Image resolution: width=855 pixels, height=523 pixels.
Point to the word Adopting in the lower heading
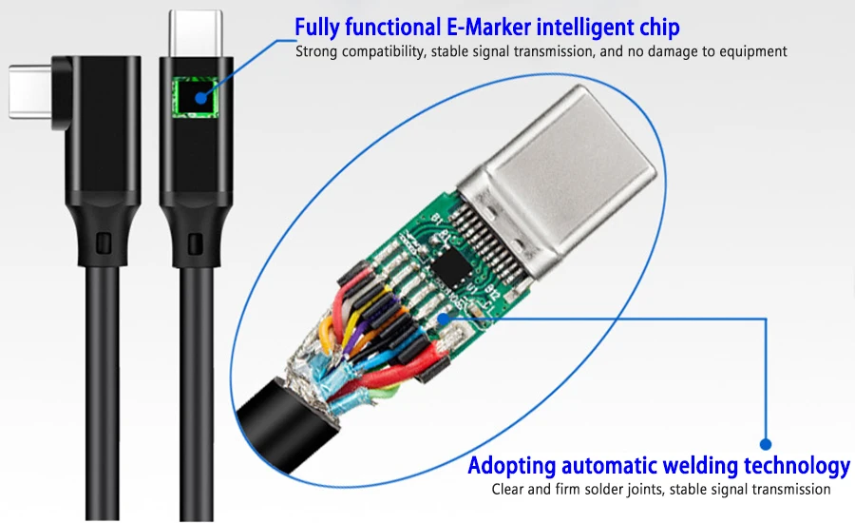coord(511,466)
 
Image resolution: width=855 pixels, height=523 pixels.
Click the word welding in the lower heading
coord(679,466)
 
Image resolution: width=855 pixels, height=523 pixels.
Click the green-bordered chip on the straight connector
coord(198,95)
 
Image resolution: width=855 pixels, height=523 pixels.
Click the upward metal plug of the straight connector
coord(196,31)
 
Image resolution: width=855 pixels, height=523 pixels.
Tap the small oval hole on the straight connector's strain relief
coord(197,243)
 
